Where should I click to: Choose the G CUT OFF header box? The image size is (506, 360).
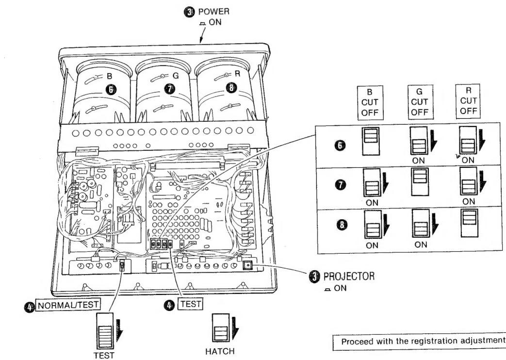click(x=419, y=104)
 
